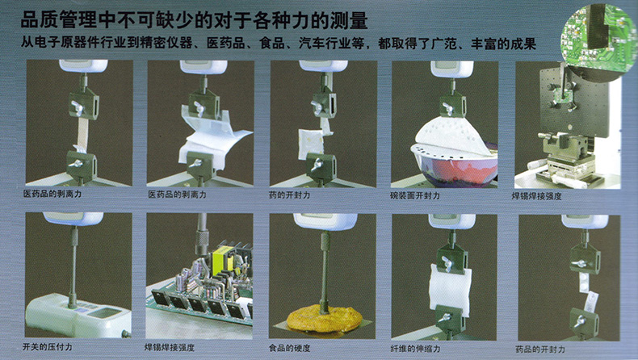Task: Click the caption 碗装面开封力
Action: [414, 195]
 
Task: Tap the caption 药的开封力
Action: [289, 195]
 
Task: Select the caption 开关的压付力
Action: [47, 347]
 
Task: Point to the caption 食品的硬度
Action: [289, 348]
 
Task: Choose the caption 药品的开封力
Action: [540, 350]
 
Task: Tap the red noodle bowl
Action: [456, 163]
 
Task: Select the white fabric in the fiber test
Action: [450, 289]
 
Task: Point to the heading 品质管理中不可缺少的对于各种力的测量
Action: [194, 20]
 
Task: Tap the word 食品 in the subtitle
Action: [272, 44]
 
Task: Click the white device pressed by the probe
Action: [78, 316]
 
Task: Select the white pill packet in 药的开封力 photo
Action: [310, 143]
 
